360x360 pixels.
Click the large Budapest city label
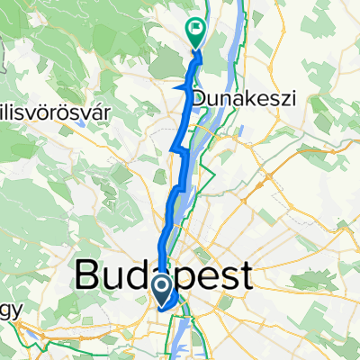pos(162,276)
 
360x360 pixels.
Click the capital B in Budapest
pos(89,276)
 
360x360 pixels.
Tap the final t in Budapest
pos(243,276)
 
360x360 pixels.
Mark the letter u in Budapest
pos(115,278)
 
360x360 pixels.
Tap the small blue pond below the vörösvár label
pos(82,125)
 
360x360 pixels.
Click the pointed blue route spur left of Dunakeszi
pos(175,86)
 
